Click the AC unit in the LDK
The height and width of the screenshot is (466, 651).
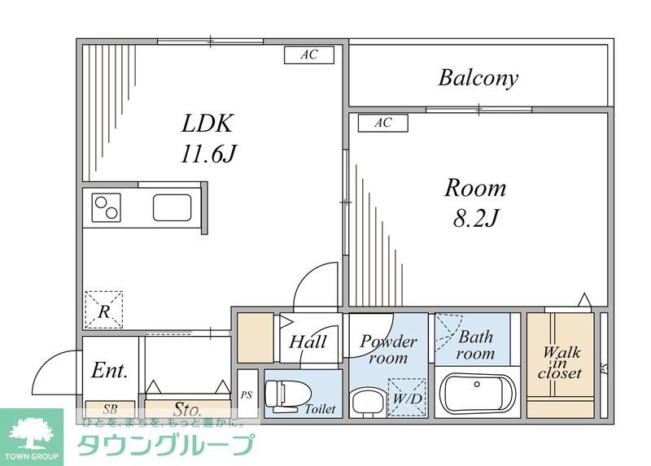pyautogui.click(x=308, y=55)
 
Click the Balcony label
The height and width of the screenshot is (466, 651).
pyautogui.click(x=478, y=78)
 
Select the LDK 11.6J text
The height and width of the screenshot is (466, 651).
pyautogui.click(x=208, y=137)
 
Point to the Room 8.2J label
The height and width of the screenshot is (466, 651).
pyautogui.click(x=474, y=203)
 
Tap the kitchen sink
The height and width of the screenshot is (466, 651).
pyautogui.click(x=173, y=207)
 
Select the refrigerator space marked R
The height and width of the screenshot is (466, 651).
pyautogui.click(x=104, y=308)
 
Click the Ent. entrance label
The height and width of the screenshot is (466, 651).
pyautogui.click(x=109, y=371)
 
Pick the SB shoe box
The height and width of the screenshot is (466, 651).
pyautogui.click(x=109, y=407)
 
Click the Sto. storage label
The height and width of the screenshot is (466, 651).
pyautogui.click(x=186, y=407)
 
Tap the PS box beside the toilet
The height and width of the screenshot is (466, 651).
pyautogui.click(x=247, y=394)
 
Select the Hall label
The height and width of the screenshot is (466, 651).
pyautogui.click(x=308, y=341)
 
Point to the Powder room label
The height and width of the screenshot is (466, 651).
pyautogui.click(x=388, y=349)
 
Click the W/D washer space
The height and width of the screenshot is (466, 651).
pyautogui.click(x=407, y=398)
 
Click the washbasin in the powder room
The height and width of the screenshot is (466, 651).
pyautogui.click(x=363, y=401)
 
